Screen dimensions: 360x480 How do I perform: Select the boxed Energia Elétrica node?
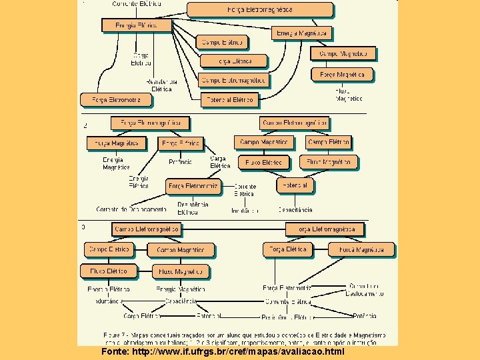pyautogui.click(x=136, y=25)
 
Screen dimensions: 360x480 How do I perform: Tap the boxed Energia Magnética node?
pyautogui.click(x=302, y=33)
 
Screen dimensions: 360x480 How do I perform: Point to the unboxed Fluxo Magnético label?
pyautogui.click(x=349, y=95)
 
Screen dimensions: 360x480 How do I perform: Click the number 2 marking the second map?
pyautogui.click(x=85, y=125)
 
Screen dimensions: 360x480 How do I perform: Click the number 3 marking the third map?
pyautogui.click(x=83, y=227)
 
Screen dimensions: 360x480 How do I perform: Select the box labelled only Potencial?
pyautogui.click(x=295, y=185)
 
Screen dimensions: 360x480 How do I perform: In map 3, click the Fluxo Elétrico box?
pyautogui.click(x=109, y=271)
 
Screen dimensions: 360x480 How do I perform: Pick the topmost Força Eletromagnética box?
pyautogui.click(x=259, y=10)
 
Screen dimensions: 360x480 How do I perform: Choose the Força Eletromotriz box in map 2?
pyautogui.click(x=193, y=186)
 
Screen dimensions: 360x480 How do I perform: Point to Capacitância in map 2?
pyautogui.click(x=295, y=209)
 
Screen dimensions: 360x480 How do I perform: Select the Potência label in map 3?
pyautogui.click(x=364, y=315)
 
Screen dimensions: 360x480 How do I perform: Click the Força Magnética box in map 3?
pyautogui.click(x=361, y=250)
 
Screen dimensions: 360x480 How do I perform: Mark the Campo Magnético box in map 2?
pyautogui.click(x=265, y=143)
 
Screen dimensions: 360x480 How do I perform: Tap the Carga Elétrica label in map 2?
pyautogui.click(x=219, y=162)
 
